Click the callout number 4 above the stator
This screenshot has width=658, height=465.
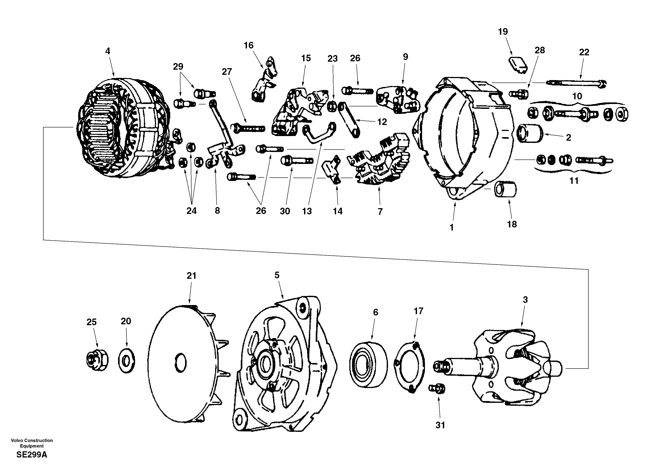point(107,51)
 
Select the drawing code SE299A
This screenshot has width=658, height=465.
point(32,455)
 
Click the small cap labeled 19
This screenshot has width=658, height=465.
point(518,65)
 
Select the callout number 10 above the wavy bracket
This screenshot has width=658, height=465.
point(577,96)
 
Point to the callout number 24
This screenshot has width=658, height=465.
point(191,211)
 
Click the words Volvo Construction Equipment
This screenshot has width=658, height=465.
point(32,443)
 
